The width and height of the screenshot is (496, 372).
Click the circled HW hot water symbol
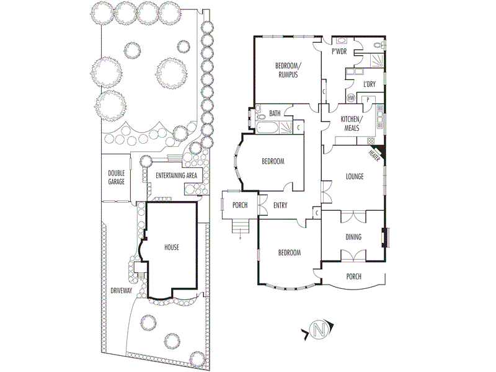[x=352, y=98]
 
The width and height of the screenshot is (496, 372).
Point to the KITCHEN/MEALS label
[x=352, y=123]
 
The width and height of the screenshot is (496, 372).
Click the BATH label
[x=276, y=113]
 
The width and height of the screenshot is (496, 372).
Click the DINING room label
[x=353, y=237]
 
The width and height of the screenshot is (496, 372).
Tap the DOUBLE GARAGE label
[x=117, y=177]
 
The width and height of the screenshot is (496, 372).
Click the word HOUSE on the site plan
[x=172, y=247]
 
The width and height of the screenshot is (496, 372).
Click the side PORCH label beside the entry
[x=240, y=205]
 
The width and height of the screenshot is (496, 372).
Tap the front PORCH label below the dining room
[x=353, y=277]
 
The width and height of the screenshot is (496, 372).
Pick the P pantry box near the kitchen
[x=367, y=99]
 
